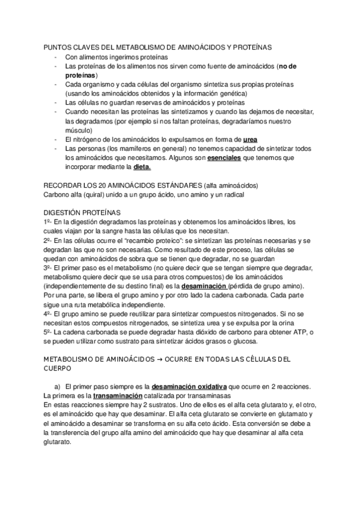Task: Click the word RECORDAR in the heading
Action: click(63, 186)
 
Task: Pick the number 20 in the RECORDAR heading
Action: click(105, 186)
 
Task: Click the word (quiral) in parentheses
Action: click(92, 195)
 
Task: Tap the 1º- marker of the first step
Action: click(49, 223)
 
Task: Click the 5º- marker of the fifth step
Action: click(49, 332)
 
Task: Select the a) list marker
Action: click(58, 387)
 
